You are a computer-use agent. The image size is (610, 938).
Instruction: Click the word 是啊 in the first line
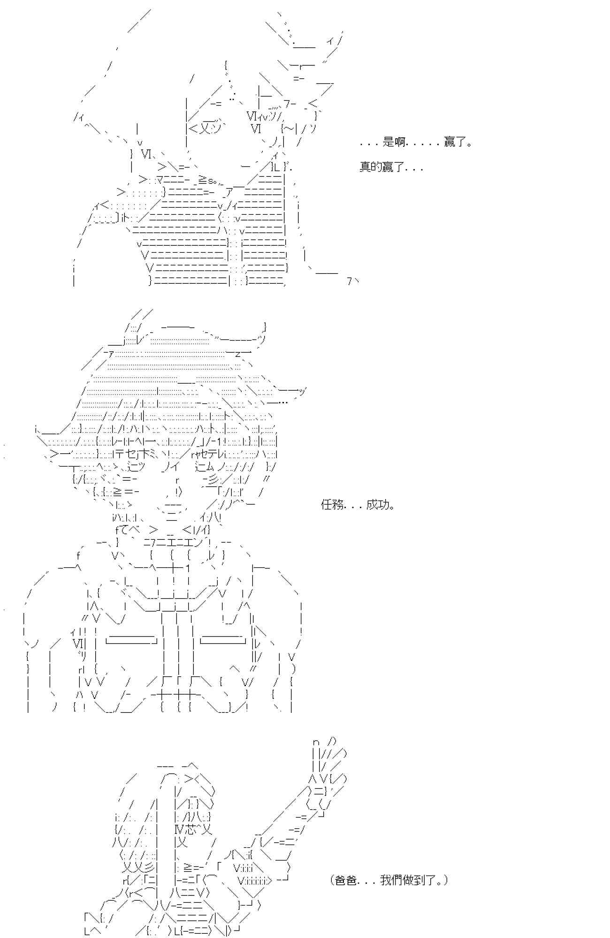(x=394, y=142)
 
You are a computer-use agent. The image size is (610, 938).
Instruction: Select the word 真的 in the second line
(x=371, y=167)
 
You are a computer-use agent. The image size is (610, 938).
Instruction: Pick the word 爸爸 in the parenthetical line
(x=346, y=880)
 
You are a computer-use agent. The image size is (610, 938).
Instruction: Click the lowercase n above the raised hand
(x=316, y=742)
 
